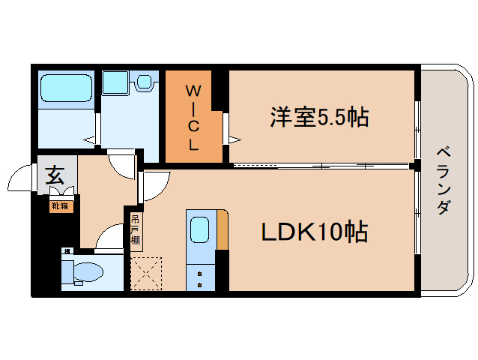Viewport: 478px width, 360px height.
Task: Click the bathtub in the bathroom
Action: click(x=66, y=89)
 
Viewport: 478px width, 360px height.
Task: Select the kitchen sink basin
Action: click(x=199, y=229)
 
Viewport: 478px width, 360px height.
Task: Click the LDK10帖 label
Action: click(x=314, y=232)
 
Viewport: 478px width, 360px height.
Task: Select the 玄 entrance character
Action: click(x=55, y=176)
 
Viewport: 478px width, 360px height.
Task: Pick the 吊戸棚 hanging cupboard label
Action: click(x=135, y=230)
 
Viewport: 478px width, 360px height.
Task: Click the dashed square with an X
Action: click(x=145, y=272)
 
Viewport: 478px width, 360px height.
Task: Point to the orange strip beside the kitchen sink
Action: click(x=222, y=229)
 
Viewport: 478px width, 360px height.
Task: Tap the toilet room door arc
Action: click(x=110, y=239)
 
